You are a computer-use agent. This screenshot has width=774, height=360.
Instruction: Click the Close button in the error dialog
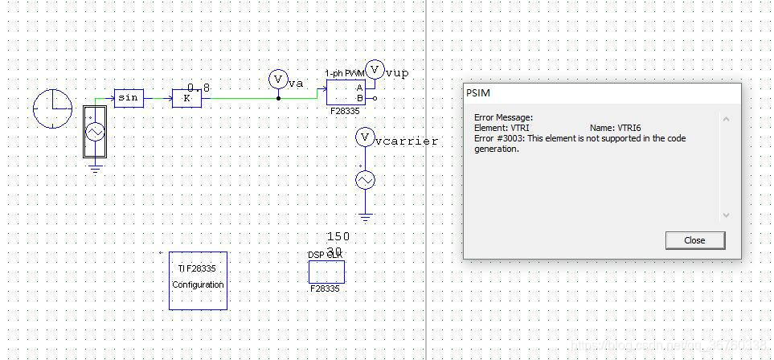pos(694,240)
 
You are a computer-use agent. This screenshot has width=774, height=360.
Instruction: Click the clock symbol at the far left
pos(53,108)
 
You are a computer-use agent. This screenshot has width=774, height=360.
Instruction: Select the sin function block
pos(128,98)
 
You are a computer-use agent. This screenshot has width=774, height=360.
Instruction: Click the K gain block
pos(186,98)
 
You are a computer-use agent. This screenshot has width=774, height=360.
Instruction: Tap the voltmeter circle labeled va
pos(278,79)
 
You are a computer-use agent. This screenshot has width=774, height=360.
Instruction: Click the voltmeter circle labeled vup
pos(375,70)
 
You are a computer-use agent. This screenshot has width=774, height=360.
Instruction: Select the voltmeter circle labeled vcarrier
pos(365,137)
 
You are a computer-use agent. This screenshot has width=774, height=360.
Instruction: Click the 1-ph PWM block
pos(346,92)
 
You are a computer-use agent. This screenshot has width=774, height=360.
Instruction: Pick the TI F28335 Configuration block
pos(198,280)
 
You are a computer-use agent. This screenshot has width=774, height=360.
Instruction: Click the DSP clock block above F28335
pos(326,272)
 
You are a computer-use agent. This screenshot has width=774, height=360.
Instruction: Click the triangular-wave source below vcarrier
pos(365,181)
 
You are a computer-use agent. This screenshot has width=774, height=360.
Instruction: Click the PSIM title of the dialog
pos(477,92)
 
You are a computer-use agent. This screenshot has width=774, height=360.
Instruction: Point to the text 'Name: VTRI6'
pos(615,128)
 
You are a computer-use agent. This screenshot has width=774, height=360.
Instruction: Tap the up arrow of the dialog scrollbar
pos(726,119)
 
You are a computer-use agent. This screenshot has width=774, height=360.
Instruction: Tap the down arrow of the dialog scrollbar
pos(726,215)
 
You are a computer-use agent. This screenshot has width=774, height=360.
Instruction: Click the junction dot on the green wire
pos(278,98)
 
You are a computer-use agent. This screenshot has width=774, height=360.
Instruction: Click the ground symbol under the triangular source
pos(365,215)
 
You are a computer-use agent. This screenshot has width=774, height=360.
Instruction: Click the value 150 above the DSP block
pos(338,237)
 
